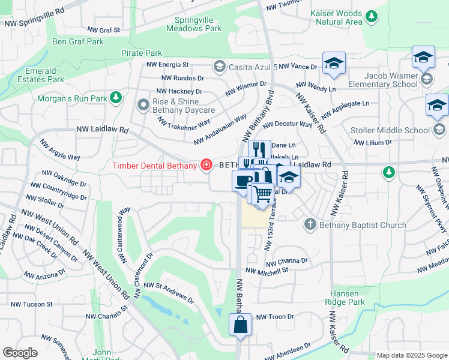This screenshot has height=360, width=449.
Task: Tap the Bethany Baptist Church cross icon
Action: [310, 224]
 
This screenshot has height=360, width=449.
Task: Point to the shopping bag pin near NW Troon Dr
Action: [240, 325]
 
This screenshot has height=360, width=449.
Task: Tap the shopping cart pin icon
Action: [262, 194]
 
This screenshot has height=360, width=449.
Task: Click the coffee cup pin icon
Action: [243, 180]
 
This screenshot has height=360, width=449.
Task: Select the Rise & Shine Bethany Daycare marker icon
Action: [143, 106]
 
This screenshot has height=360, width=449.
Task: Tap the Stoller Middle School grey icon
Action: [439, 130]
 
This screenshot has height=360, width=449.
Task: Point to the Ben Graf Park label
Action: [78, 41]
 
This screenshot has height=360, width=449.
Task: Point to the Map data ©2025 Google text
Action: [411, 355]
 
